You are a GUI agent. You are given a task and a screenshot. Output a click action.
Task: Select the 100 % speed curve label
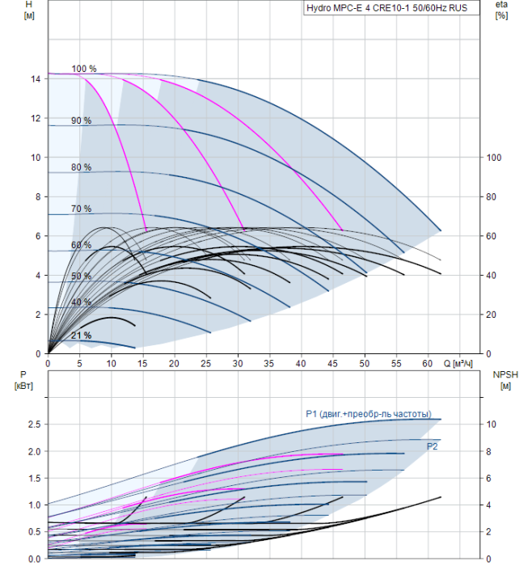(x=84, y=69)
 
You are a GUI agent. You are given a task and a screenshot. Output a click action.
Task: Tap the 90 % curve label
(x=81, y=120)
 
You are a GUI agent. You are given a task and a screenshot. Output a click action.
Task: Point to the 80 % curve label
(x=81, y=167)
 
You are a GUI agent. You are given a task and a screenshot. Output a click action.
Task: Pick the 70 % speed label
(x=81, y=209)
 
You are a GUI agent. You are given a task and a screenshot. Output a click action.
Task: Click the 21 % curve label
(x=81, y=336)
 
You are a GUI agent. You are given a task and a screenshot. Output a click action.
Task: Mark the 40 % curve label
(x=81, y=302)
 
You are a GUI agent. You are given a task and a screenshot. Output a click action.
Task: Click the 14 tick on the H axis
(x=36, y=79)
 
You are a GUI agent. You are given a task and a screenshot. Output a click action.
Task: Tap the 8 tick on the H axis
(x=38, y=197)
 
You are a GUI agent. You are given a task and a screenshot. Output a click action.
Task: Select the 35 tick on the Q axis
(x=269, y=364)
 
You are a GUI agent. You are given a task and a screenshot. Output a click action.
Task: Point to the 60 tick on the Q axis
(x=428, y=364)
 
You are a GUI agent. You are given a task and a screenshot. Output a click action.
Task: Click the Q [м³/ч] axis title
(x=458, y=364)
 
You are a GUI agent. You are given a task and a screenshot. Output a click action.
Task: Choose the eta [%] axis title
(x=501, y=10)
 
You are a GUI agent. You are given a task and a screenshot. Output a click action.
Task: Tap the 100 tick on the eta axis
(x=494, y=158)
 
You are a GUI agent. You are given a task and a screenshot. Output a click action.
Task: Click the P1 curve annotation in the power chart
(x=369, y=414)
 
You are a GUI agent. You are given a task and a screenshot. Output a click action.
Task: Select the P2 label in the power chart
(x=432, y=446)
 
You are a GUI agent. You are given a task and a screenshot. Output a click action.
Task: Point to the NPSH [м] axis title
(x=505, y=381)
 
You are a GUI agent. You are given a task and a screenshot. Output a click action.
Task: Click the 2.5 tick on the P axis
(x=34, y=424)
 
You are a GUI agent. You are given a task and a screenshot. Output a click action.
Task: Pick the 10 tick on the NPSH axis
(x=492, y=424)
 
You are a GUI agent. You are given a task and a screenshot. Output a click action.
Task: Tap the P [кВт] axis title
(x=23, y=380)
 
